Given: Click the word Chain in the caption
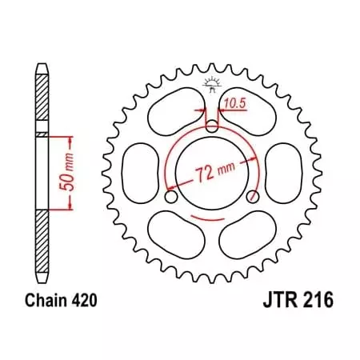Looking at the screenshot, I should point(41,303).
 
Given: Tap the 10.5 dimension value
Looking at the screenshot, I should point(234,102).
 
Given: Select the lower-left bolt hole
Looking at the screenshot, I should point(170,196).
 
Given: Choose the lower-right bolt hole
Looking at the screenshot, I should point(253,196).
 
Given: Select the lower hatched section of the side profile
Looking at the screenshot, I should point(41,240).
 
